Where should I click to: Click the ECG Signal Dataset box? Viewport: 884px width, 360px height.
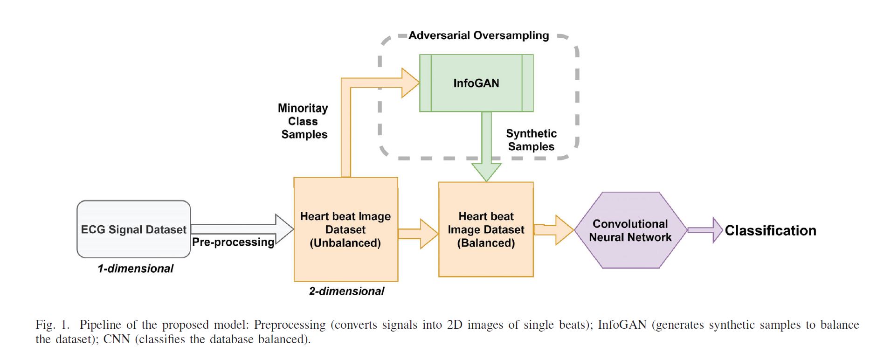pyautogui.click(x=133, y=229)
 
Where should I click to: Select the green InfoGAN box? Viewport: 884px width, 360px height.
pyautogui.click(x=476, y=83)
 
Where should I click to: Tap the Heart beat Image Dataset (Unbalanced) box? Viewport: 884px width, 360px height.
pyautogui.click(x=345, y=229)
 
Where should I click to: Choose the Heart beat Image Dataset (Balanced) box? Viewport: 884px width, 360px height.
pyautogui.click(x=486, y=229)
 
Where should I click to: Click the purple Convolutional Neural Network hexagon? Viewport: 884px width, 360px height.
pyautogui.click(x=630, y=230)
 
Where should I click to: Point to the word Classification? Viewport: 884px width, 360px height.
pyautogui.click(x=770, y=230)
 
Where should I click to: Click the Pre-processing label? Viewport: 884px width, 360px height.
pyautogui.click(x=233, y=242)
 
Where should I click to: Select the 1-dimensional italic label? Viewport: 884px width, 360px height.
pyautogui.click(x=135, y=269)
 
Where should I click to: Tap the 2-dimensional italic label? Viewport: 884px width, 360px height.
pyautogui.click(x=346, y=291)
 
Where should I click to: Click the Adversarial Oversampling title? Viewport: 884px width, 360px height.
pyautogui.click(x=478, y=35)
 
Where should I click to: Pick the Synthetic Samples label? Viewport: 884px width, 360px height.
pyautogui.click(x=531, y=140)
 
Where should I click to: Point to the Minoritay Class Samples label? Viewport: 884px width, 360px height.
pyautogui.click(x=304, y=121)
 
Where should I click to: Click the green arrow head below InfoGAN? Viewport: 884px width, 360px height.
pyautogui.click(x=486, y=172)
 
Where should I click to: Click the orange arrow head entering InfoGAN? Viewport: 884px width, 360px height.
pyautogui.click(x=409, y=83)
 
